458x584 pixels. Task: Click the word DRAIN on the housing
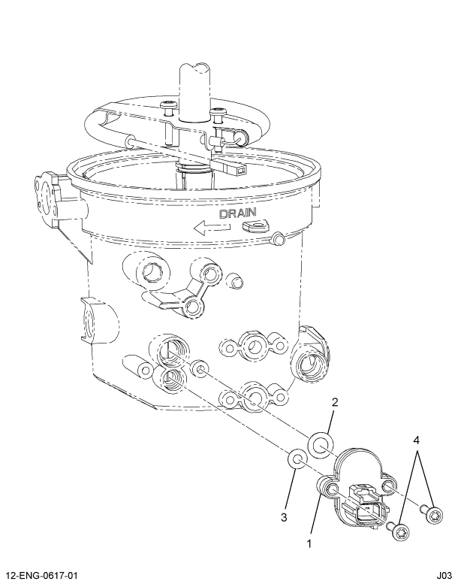pos(238,213)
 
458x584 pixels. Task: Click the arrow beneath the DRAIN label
pos(212,227)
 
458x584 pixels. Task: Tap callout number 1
pos(309,543)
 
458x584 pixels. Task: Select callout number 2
pos(335,402)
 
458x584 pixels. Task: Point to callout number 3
pos(284,517)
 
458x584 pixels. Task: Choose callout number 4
pos(417,440)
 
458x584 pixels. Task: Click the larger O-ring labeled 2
pos(321,446)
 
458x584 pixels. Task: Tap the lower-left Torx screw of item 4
pos(399,531)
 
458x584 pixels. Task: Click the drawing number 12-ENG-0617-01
pos(41,576)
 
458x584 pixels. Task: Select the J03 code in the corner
pos(444,576)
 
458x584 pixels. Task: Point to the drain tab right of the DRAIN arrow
pos(256,225)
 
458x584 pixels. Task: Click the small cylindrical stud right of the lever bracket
pos(235,280)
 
